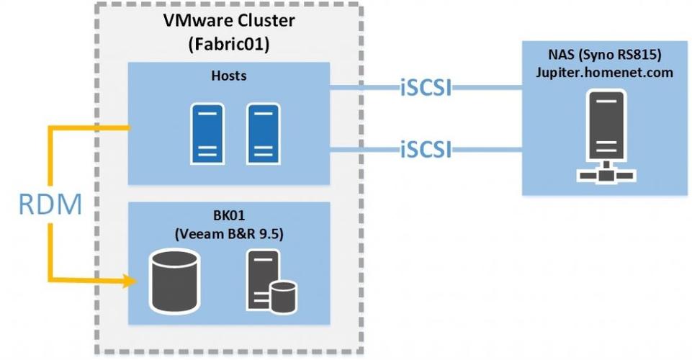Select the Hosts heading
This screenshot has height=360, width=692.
(x=228, y=76)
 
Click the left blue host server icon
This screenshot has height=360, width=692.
(x=205, y=132)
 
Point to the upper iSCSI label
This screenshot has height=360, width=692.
(x=426, y=89)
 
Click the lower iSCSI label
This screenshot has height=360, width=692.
(x=426, y=150)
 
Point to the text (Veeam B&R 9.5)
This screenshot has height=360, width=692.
(x=228, y=235)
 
